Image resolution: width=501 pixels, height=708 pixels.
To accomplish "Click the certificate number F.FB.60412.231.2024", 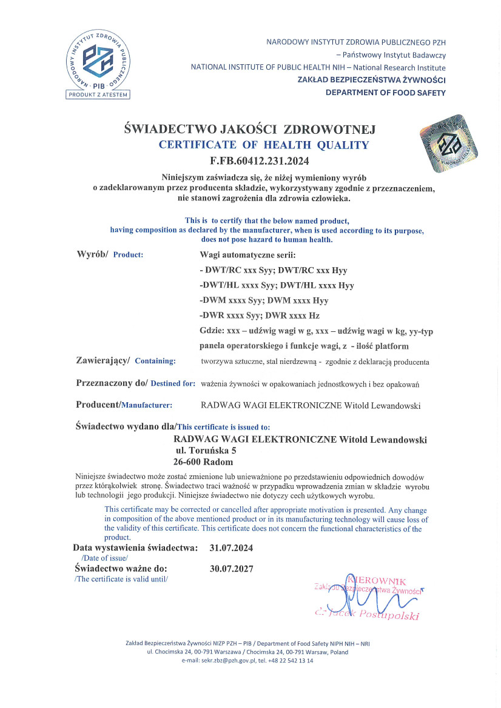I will (259, 161).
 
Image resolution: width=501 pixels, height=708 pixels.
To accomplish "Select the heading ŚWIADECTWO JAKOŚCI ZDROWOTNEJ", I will (250, 129).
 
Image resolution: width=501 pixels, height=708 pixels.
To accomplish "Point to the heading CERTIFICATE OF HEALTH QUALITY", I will (263, 145).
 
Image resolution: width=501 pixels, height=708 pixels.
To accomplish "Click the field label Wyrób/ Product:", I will (110, 254).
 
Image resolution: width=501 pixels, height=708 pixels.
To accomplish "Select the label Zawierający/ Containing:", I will (126, 360).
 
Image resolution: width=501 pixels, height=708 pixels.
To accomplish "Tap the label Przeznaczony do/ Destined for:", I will (135, 383).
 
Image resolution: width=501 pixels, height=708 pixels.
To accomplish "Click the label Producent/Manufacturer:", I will (124, 405).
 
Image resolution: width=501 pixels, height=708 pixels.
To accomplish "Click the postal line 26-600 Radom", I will (203, 462).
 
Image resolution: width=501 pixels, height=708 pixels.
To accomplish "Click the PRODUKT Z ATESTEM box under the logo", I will (98, 94).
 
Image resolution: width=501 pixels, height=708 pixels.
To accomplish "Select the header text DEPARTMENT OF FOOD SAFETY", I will (385, 93).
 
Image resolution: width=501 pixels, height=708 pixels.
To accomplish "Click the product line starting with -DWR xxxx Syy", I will (259, 316).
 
